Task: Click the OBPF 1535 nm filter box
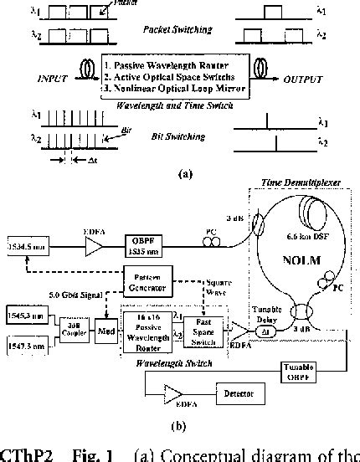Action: tap(147, 249)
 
